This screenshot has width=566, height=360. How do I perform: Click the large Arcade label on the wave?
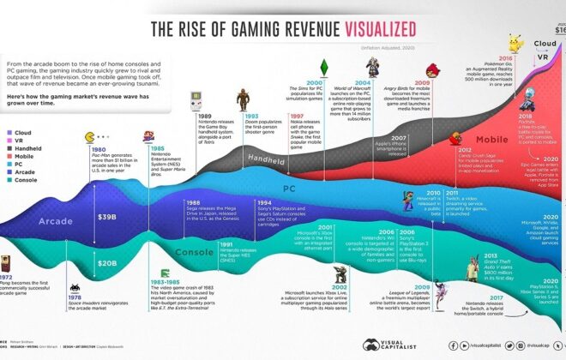click(x=53, y=221)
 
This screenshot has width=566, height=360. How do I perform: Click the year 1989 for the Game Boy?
click(x=206, y=115)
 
